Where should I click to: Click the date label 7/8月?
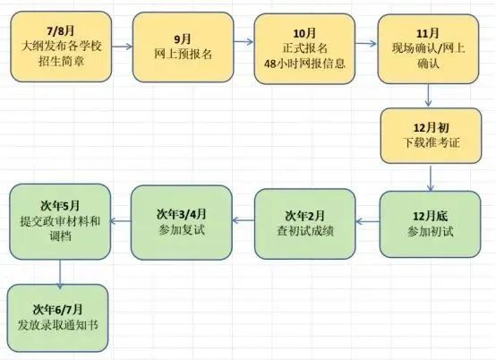pos(61,31)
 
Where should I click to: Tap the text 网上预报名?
pos(183,54)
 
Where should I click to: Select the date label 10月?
pos(304,33)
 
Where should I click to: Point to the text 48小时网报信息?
pos(304,64)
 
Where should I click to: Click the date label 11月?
pos(428,33)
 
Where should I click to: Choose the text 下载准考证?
pos(432,142)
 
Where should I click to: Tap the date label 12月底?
pos(431,216)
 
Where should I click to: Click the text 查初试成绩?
pos(305,231)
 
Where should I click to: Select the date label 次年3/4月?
pos(181,214)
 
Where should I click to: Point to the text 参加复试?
pos(182,229)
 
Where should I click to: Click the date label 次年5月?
pos(60,206)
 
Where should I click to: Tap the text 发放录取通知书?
pos(58,325)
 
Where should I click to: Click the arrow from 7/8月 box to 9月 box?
pos(122,47)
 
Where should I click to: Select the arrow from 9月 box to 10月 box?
pos(244,41)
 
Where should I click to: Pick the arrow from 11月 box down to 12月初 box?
pos(428,95)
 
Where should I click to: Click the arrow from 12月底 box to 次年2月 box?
pos(368,221)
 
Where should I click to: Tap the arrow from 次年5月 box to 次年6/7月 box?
pos(60,274)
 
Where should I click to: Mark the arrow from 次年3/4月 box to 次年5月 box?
pos(121,221)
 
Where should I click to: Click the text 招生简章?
pos(61,61)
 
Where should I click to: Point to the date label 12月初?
pos(432,128)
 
